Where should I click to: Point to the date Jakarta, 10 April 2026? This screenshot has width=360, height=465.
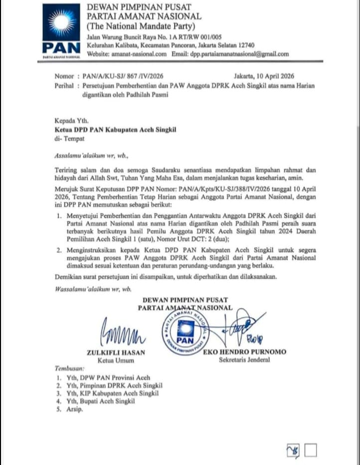tap(264, 76)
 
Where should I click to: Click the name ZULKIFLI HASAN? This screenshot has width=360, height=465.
tap(116, 352)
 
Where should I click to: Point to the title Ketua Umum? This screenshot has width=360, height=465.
tap(116, 360)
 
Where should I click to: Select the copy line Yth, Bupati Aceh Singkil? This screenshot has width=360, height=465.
tap(101, 401)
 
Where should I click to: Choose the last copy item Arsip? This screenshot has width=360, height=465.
tap(74, 409)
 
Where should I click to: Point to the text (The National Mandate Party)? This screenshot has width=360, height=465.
tap(141, 26)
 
